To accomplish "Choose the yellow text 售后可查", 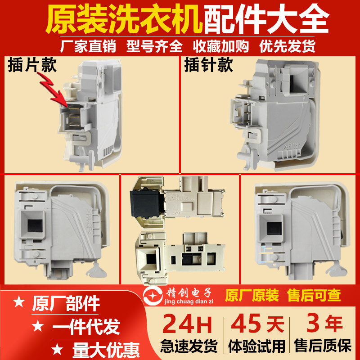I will [x=315, y=295].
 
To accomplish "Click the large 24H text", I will [x=189, y=324].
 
